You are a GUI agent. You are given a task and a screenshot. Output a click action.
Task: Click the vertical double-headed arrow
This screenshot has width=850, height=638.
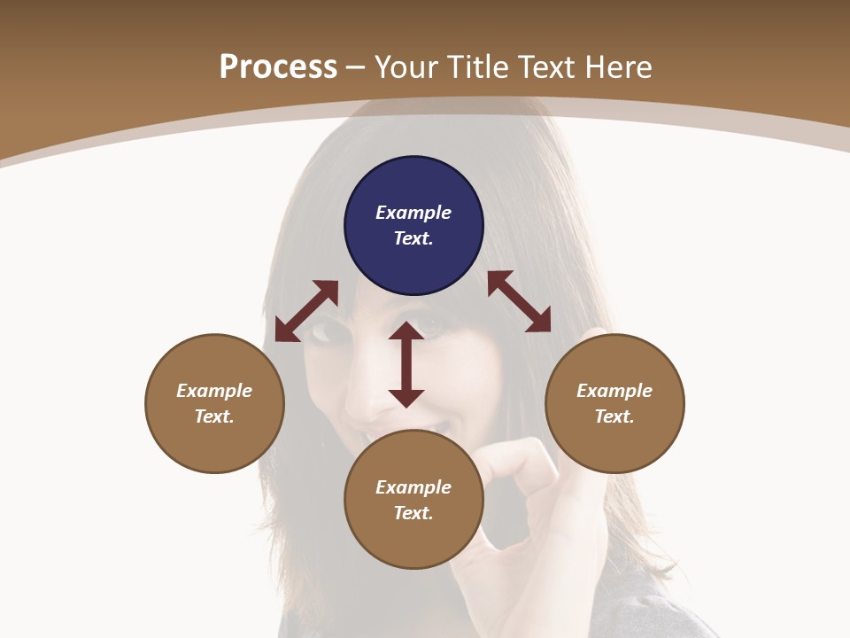pyautogui.click(x=406, y=364)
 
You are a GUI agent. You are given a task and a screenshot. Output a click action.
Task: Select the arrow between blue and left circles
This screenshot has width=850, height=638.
pyautogui.click(x=306, y=311)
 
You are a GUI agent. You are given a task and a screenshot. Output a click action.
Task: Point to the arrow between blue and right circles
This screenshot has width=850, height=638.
pyautogui.click(x=519, y=301)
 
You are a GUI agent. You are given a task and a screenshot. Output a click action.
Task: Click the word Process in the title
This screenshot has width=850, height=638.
pyautogui.click(x=278, y=67)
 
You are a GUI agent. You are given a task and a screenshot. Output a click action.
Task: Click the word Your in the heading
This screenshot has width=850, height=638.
pyautogui.click(x=406, y=67)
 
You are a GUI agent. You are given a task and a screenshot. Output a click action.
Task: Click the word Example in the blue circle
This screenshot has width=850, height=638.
pyautogui.click(x=413, y=213)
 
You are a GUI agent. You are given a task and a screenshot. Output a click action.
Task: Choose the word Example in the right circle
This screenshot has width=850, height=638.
pyautogui.click(x=614, y=391)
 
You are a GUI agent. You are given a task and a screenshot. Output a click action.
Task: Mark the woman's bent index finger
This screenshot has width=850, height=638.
pyautogui.click(x=522, y=456)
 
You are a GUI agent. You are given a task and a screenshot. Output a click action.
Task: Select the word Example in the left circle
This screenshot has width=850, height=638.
pyautogui.click(x=214, y=391)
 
